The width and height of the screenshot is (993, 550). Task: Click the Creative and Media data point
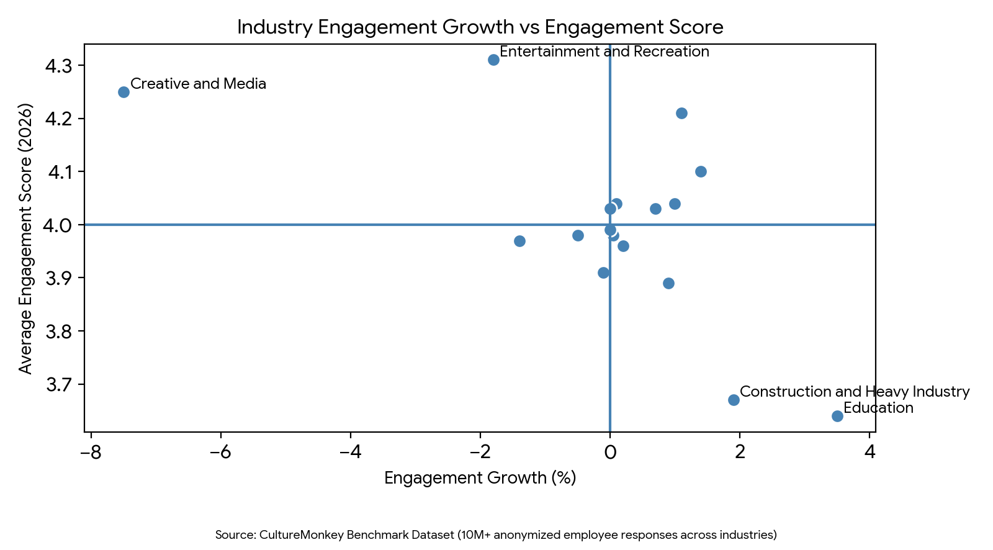124,92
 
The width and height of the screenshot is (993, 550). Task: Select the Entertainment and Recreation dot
493,60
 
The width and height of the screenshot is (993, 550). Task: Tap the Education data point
837,416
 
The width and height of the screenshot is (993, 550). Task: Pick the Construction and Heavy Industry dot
734,400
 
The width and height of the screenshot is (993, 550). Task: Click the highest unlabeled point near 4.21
681,113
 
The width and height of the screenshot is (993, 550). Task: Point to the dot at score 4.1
701,171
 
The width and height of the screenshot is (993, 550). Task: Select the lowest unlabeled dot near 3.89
668,283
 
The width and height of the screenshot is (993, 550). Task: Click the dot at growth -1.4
519,241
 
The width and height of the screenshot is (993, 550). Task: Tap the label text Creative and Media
198,84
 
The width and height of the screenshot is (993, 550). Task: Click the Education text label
878,408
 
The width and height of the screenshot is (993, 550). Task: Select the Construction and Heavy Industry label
854,392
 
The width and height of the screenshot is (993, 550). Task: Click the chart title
480,27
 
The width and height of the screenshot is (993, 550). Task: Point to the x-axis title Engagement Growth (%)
480,477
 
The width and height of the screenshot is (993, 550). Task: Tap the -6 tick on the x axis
220,453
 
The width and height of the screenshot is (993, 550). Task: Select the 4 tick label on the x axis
869,453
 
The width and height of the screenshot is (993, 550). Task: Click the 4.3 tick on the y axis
60,66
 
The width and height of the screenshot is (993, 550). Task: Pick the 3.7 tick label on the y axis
60,385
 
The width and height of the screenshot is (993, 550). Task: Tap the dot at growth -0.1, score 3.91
603,273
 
